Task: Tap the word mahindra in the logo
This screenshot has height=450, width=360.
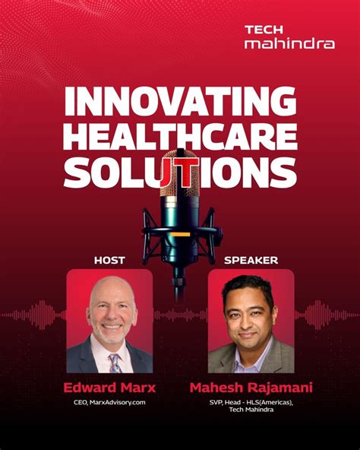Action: (x=289, y=43)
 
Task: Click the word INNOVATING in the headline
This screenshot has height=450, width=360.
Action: (x=179, y=102)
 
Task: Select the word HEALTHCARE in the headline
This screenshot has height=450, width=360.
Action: (x=179, y=138)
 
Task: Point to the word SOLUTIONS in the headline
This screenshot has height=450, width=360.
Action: (x=179, y=173)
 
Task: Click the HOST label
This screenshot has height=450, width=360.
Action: (x=109, y=260)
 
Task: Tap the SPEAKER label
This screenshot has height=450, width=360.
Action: (x=251, y=260)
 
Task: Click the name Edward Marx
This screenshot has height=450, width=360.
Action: (x=109, y=388)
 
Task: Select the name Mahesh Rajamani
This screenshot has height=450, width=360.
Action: (x=251, y=388)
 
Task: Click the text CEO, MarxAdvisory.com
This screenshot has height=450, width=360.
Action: (x=109, y=403)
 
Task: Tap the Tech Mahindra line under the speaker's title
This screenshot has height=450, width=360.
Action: (x=251, y=413)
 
